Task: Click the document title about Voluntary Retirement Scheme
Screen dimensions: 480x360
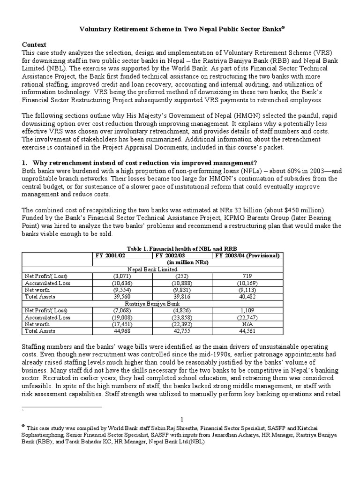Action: (180, 29)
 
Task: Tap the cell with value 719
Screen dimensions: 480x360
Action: (247, 276)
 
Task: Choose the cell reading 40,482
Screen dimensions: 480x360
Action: (247, 297)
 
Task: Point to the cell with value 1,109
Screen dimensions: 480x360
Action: (247, 310)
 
